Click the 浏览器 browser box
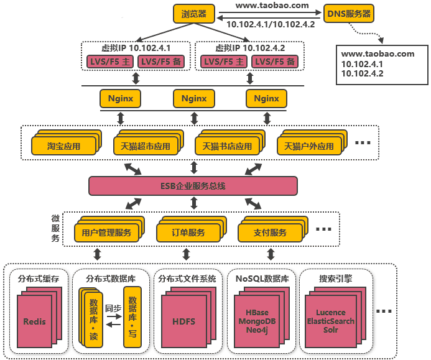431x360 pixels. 193,13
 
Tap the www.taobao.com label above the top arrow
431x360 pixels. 264,5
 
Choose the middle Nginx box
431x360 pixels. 193,98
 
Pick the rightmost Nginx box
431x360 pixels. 266,98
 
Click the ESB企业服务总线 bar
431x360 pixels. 193,186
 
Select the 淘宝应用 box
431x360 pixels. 64,147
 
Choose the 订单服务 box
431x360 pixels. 188,233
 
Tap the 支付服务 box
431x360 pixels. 270,233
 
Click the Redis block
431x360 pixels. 34,321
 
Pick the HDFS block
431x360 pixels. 183,321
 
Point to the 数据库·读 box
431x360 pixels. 93,316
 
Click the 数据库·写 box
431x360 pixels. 132,316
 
